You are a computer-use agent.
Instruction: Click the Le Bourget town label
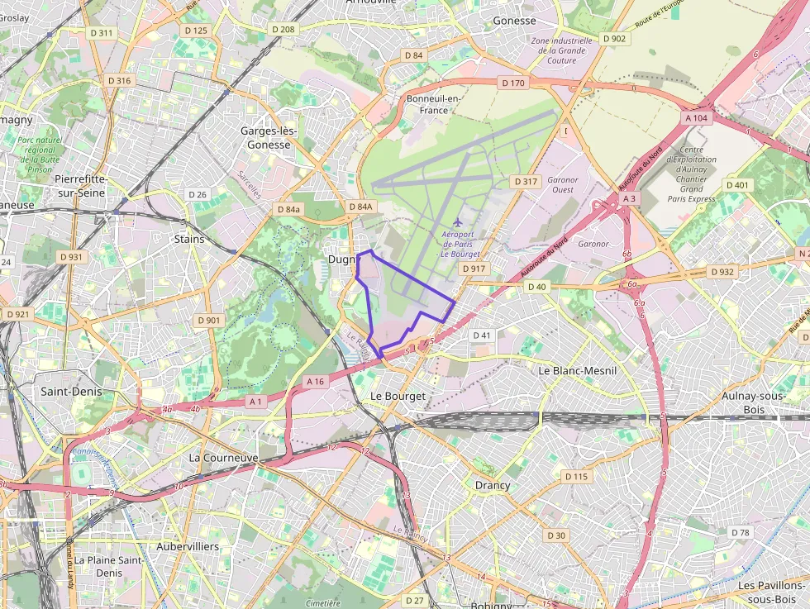tap(398, 397)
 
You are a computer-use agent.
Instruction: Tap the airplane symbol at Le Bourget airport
tap(457, 221)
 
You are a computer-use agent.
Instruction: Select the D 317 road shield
tap(526, 182)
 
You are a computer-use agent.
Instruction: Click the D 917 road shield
tap(474, 269)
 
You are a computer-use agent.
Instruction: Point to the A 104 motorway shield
tap(697, 118)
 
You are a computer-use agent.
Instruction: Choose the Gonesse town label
tap(514, 21)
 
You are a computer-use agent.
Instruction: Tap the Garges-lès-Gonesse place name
tap(265, 138)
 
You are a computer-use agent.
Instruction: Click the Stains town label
tap(189, 239)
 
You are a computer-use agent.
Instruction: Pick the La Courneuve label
tap(223, 457)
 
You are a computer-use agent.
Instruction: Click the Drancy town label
tap(493, 485)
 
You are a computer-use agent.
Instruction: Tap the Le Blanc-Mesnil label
tap(578, 371)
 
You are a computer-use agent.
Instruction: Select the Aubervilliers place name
tap(188, 547)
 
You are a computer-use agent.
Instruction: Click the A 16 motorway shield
tap(316, 382)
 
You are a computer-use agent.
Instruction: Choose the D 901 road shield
tap(209, 321)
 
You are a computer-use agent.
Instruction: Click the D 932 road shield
tap(722, 272)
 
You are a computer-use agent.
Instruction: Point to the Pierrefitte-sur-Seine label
tap(80, 185)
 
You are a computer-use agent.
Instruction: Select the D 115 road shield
tap(576, 477)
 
